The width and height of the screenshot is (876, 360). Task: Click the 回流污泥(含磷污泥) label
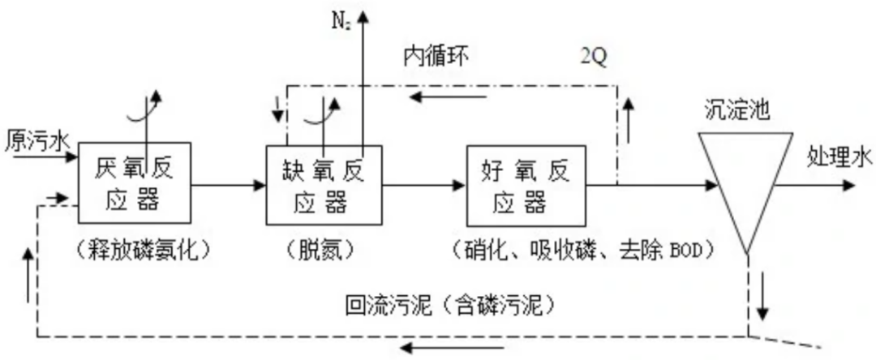click(x=449, y=306)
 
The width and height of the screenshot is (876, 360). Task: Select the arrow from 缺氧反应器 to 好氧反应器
click(x=423, y=186)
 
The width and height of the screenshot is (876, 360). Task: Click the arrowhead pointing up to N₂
click(x=363, y=15)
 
